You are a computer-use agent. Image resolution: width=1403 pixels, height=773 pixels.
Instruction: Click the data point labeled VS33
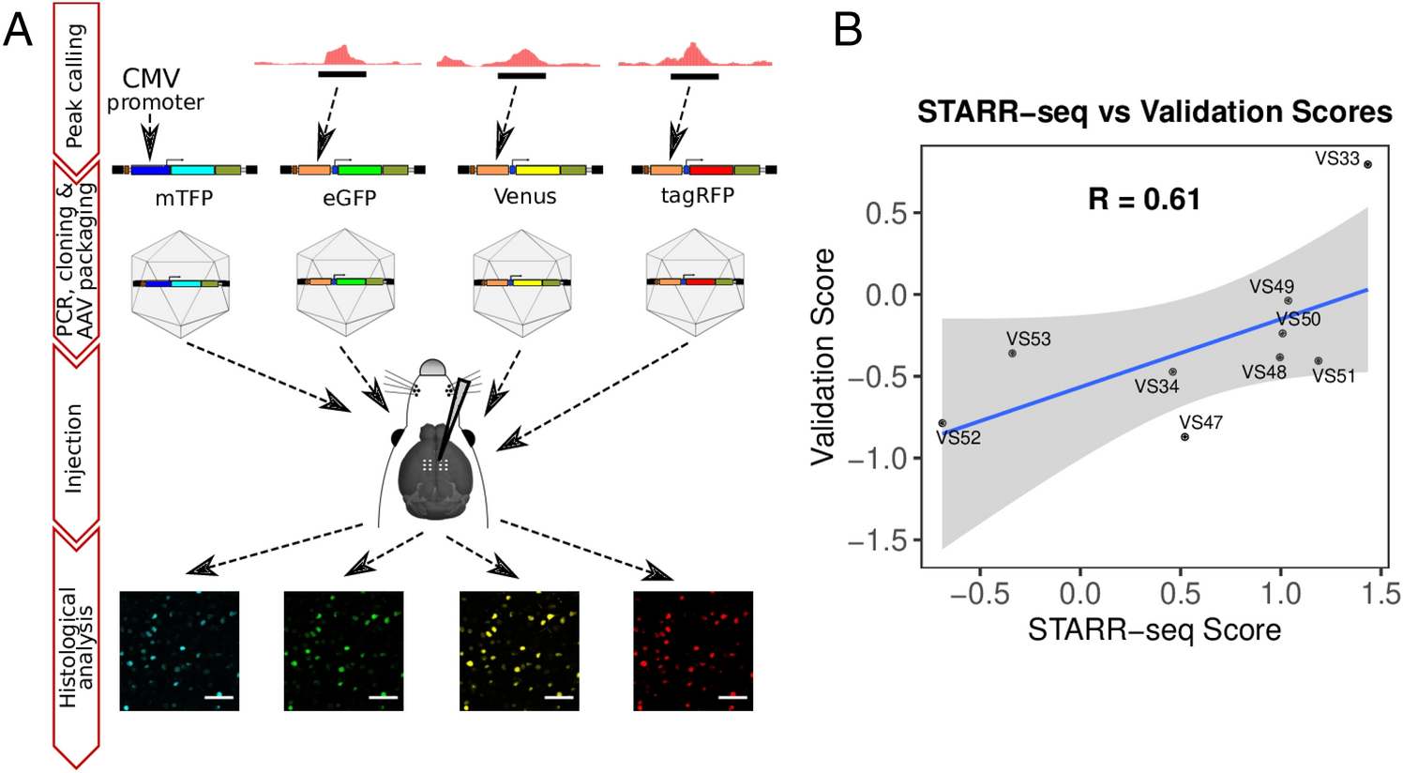1367,164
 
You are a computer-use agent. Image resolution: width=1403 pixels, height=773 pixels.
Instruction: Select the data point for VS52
943,423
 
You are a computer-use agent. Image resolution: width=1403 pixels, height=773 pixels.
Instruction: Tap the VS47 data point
1184,437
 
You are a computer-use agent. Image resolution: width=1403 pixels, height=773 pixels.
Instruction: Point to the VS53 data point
1012,354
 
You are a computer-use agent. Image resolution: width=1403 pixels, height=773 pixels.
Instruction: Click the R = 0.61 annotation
1143,199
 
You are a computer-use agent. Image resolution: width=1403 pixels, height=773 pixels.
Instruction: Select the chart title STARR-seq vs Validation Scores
1154,113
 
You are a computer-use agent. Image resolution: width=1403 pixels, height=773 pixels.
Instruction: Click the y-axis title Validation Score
822,356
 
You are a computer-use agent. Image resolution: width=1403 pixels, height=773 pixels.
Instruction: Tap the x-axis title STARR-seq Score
1154,629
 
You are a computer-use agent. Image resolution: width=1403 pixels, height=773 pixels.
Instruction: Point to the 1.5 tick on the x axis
1378,594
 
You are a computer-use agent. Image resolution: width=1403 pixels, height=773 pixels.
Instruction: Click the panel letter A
18,31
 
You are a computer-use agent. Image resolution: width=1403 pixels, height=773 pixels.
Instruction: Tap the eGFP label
349,197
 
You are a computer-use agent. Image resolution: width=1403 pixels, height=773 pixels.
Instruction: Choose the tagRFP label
696,195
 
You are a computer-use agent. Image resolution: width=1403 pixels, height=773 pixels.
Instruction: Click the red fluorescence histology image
692,650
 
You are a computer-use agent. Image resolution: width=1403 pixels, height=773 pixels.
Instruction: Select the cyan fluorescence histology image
179,650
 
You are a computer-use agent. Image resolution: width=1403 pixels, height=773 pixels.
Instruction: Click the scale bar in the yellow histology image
558,697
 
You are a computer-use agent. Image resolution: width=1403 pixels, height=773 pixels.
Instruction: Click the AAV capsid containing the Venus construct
522,281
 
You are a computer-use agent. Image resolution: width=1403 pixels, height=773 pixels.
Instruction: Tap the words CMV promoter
153,89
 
